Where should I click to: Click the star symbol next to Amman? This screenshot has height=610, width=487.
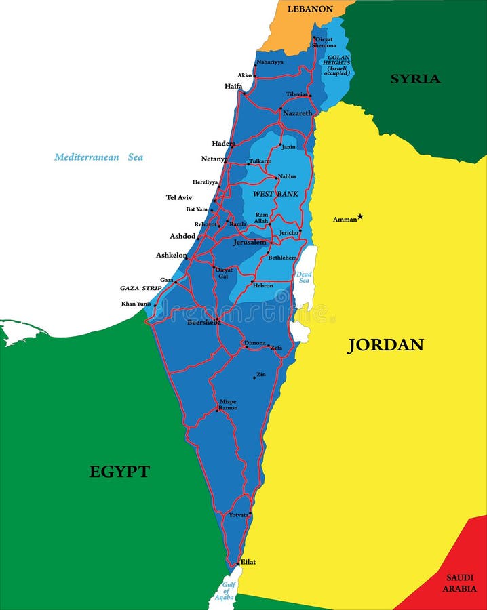click(360, 217)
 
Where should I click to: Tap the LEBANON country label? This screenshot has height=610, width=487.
click(310, 9)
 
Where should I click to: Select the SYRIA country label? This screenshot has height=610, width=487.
click(414, 79)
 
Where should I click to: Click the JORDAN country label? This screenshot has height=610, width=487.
click(385, 345)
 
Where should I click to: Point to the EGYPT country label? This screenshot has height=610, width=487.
click(119, 472)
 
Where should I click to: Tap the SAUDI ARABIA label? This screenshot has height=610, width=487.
click(460, 583)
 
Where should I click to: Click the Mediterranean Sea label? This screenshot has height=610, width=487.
click(99, 157)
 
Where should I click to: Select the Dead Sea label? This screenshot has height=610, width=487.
click(303, 277)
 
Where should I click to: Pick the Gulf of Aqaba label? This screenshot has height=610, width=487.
click(224, 591)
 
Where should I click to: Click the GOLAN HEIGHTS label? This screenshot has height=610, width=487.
click(336, 65)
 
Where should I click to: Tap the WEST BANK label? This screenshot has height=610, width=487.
click(275, 194)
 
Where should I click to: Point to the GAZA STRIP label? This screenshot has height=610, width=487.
click(141, 288)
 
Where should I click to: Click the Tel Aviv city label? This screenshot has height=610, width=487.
click(179, 197)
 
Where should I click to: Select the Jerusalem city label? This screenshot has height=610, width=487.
click(250, 242)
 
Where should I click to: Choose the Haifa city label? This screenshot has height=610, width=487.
click(233, 86)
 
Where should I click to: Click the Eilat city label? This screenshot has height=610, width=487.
click(248, 562)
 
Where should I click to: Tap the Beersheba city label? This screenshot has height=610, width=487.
click(203, 323)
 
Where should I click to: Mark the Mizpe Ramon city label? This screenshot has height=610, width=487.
click(227, 405)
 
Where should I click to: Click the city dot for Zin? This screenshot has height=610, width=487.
click(254, 378)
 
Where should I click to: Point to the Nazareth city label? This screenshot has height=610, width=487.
click(297, 113)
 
